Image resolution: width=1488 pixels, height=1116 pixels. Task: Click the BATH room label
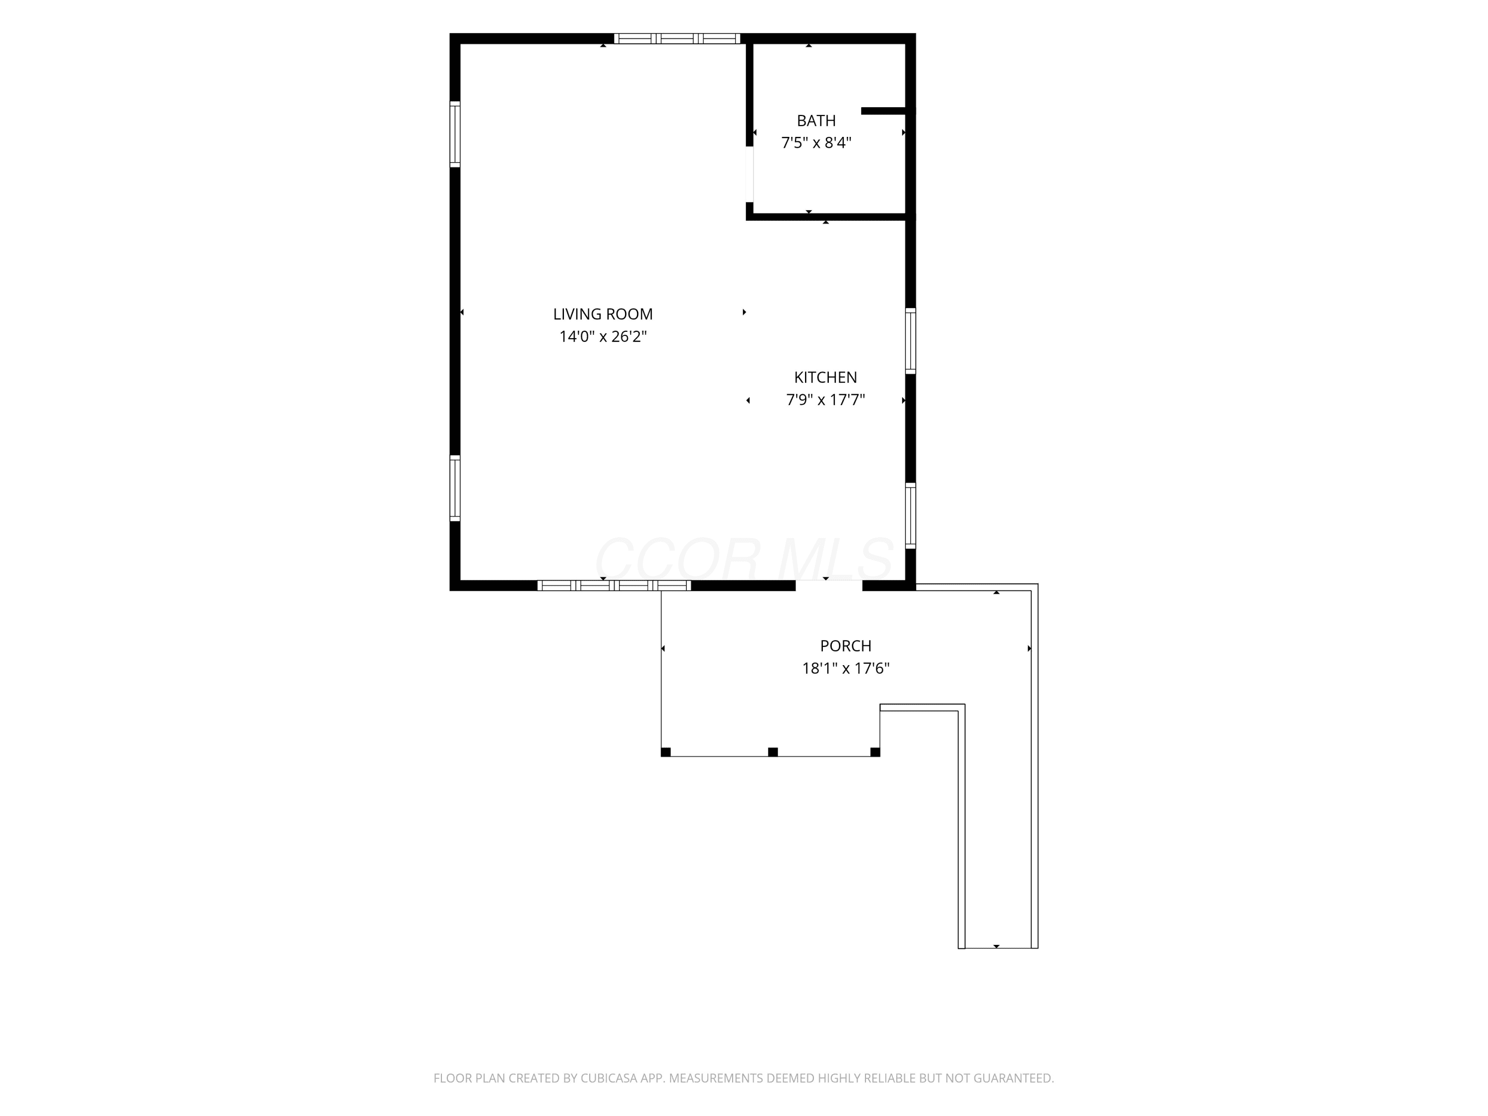pos(816,121)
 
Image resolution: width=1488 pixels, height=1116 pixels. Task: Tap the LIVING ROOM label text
pos(603,314)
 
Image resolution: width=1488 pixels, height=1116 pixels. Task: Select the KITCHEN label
pos(825,377)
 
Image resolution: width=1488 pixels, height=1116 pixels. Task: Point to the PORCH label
pos(846,646)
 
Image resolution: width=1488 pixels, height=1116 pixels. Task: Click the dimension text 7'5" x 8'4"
pos(816,143)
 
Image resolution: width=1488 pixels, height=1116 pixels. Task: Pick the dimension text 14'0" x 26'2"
pos(603,336)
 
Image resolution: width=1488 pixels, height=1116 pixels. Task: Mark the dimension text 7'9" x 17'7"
pos(825,400)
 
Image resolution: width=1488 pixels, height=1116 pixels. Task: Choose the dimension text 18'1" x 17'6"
pos(846,668)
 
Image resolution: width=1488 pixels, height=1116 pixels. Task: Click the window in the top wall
pos(677,38)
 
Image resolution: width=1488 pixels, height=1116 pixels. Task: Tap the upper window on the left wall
pos(455,134)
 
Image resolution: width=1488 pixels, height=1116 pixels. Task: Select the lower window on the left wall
pos(455,489)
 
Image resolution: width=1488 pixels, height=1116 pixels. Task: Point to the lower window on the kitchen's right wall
pos(910,515)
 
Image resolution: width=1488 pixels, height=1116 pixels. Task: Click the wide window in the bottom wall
pos(614,585)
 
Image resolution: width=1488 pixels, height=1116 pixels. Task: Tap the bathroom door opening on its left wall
pos(749,174)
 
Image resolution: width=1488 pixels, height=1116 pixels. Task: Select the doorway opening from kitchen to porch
pos(829,585)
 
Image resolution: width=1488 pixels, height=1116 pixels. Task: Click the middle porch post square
pos(773,752)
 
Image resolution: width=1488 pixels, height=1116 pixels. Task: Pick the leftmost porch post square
pos(666,752)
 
